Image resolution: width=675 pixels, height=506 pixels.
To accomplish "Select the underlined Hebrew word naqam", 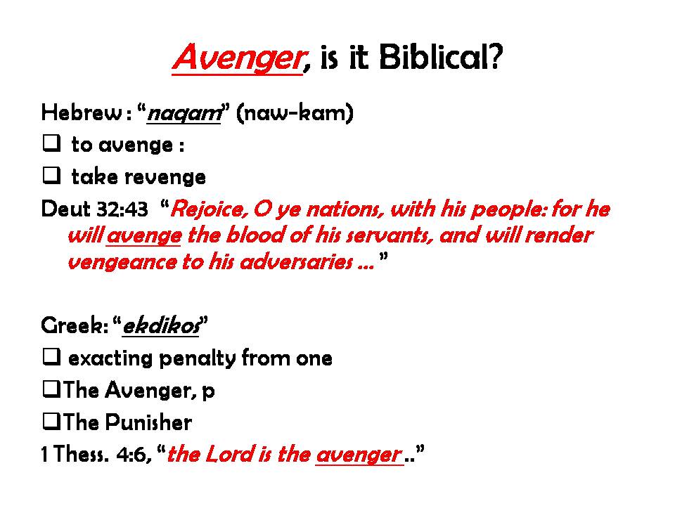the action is tap(184, 114).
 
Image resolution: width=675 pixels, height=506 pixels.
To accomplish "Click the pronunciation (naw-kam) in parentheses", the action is tap(295, 112).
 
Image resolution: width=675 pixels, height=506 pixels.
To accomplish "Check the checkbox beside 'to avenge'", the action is tap(51, 143).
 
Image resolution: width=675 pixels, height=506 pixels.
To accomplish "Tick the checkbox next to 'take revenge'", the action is tap(51, 175).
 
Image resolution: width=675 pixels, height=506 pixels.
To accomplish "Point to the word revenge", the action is tap(166, 177).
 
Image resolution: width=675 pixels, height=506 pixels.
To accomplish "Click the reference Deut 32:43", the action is tap(95, 209).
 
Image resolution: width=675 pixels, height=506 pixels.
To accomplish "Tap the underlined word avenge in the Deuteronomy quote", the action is tap(143, 236).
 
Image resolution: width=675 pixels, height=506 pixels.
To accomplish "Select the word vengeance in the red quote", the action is tap(122, 262).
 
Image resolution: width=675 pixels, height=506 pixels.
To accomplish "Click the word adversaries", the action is tap(297, 262).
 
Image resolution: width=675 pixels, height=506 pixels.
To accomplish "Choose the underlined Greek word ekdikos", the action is tap(162, 325).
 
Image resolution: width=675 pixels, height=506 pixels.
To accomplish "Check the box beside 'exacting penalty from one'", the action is tap(51, 357).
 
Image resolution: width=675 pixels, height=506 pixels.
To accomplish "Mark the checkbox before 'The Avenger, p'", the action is tap(51, 389).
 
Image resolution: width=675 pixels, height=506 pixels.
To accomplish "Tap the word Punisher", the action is tap(148, 422).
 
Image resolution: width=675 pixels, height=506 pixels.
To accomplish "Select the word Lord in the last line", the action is tap(231, 455).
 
